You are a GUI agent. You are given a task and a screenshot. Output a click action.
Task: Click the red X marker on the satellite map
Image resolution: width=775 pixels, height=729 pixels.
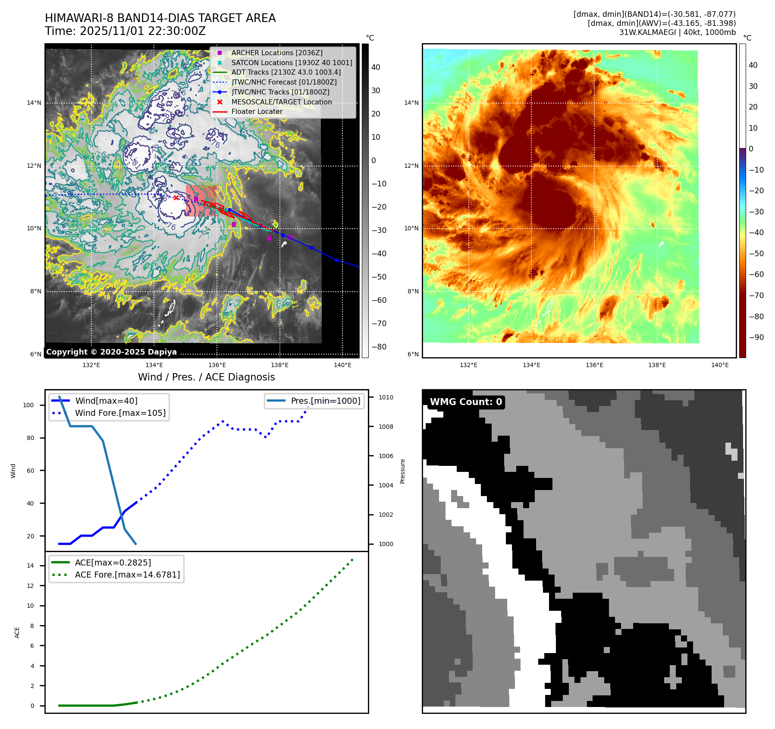coord(176,198)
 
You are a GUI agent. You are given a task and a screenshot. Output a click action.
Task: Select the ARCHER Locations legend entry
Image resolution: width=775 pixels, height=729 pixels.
coord(276,53)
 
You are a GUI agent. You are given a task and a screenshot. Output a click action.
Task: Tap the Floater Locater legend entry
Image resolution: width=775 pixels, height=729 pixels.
coord(257,111)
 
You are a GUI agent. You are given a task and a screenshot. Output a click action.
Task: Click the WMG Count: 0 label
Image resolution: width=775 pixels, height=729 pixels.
coord(466,402)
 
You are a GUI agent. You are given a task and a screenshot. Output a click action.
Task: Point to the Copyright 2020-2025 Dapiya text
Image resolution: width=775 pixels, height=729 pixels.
coord(111,352)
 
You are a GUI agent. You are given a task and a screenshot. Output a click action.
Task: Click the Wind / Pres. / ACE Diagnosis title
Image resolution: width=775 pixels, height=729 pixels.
coord(206,377)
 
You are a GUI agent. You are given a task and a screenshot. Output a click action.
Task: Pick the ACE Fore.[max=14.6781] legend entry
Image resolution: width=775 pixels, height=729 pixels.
coord(127,575)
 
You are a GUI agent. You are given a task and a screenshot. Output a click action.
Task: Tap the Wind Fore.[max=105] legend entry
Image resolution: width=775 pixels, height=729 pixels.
coord(120,413)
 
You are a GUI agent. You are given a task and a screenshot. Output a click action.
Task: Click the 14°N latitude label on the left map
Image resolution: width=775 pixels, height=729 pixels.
coord(34,103)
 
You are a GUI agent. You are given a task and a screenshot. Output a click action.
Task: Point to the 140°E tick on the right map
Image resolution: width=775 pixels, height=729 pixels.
coord(720,365)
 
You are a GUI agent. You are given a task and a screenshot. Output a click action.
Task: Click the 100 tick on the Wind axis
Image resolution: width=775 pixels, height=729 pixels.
coord(28,405)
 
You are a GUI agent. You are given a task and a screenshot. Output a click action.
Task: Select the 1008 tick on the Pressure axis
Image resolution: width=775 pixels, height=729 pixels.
coord(386,427)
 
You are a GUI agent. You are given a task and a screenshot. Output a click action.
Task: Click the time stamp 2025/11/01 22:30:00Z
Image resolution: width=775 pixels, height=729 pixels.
coord(143,31)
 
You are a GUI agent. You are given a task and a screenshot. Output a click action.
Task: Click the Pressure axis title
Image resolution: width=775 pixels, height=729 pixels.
coord(402,471)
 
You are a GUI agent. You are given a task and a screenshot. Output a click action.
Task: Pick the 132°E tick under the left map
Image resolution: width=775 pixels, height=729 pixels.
coord(91,365)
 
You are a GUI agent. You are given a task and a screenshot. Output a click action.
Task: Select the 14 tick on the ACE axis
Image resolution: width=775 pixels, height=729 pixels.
coord(30,566)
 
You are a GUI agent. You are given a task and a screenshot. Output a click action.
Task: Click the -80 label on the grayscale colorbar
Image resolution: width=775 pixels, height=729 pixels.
coord(379,347)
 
